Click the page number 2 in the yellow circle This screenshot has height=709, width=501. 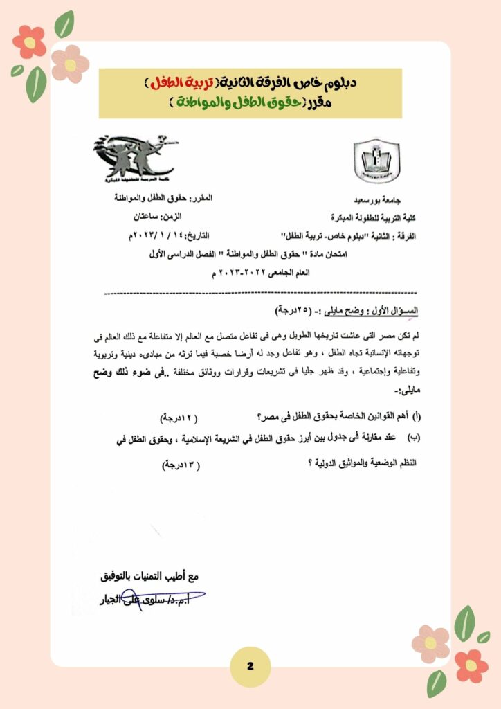click(250, 666)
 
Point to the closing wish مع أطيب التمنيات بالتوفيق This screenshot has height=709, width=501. click(149, 575)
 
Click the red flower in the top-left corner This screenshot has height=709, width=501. click(30, 42)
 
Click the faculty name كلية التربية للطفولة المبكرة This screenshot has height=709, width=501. click(372, 216)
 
